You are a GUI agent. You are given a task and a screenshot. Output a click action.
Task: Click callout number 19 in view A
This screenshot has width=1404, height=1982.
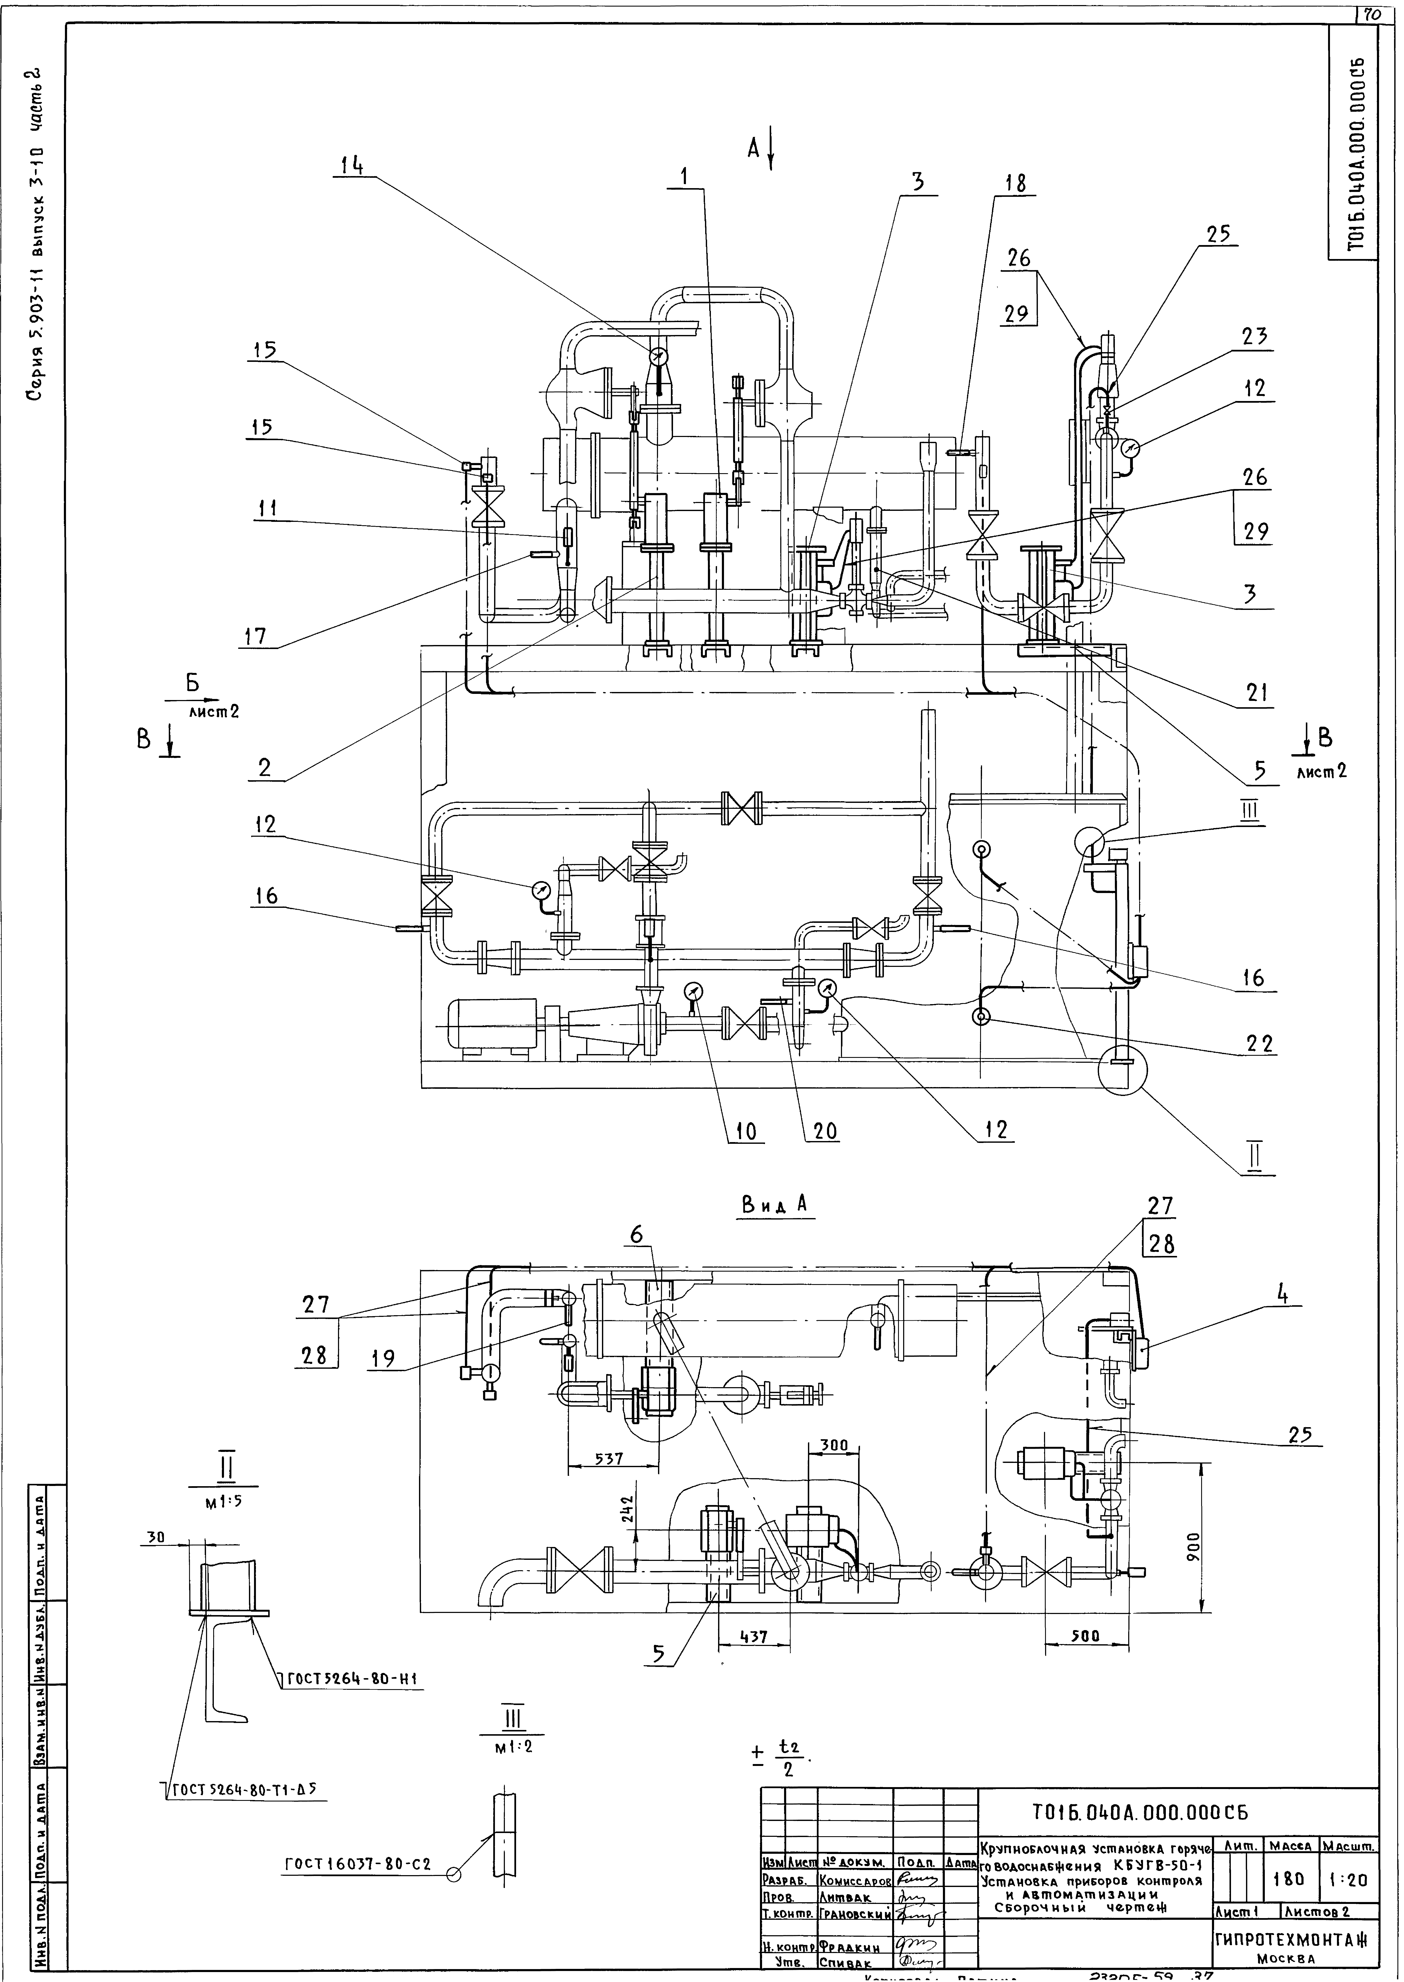(x=382, y=1359)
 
